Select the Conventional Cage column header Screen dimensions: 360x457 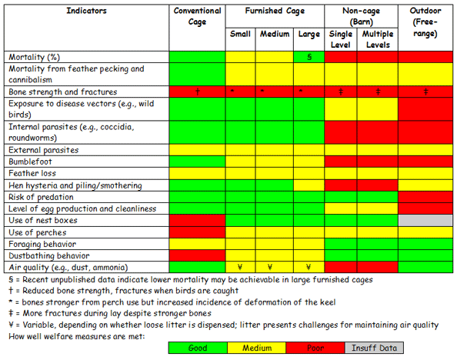click(197, 16)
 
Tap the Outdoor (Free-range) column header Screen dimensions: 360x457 click(425, 22)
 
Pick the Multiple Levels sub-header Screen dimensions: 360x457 click(378, 39)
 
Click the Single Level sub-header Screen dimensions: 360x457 click(340, 39)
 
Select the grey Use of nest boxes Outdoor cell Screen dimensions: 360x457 click(425, 220)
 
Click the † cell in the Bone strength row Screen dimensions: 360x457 click(197, 92)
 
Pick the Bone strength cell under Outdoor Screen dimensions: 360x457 click(425, 92)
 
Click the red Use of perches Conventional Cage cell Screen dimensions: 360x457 click(197, 232)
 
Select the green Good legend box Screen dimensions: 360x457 click(197, 348)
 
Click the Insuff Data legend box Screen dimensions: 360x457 click(370, 348)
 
